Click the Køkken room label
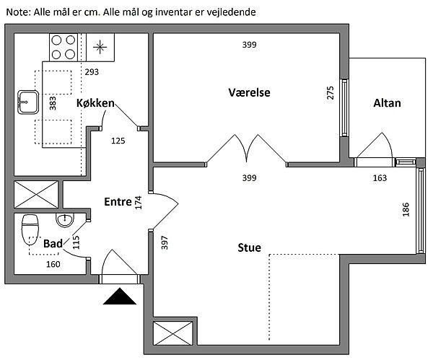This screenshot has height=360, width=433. pos(95,104)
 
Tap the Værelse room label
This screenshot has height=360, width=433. pos(248,92)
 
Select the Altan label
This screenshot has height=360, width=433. pos(387,104)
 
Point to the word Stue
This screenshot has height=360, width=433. pos(249,249)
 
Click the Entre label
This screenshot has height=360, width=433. pos(117,201)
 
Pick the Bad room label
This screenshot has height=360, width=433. pos(52,245)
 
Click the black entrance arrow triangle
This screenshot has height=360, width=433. pos(119,297)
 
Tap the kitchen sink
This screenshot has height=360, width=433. pos(27,102)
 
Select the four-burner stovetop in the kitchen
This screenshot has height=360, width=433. pos(63,46)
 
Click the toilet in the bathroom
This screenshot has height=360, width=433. pos(31,229)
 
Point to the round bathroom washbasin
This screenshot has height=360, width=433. pos(65,219)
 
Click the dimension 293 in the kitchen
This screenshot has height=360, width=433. pos(92,72)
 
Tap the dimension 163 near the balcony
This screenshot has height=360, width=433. pos(379,178)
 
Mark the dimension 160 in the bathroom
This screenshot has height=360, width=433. pos(53,264)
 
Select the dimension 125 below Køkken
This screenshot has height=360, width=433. pos(118,141)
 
